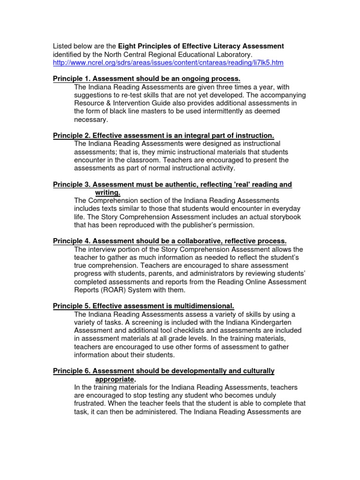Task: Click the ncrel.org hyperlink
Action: click(x=168, y=63)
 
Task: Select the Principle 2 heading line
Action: click(x=163, y=135)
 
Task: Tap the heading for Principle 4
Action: click(x=169, y=241)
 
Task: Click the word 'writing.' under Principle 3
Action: click(x=108, y=193)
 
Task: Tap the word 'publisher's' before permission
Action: click(x=208, y=225)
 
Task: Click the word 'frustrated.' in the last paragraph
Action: click(x=92, y=403)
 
